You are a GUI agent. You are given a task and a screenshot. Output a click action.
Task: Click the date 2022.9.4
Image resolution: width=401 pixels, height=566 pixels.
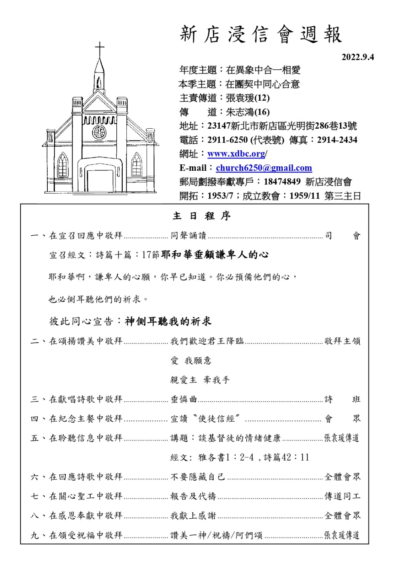click(358, 57)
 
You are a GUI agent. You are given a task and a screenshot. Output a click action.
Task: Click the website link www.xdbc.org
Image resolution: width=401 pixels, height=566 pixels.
click(236, 154)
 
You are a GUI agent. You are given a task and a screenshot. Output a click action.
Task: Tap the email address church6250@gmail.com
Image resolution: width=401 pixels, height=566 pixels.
click(264, 168)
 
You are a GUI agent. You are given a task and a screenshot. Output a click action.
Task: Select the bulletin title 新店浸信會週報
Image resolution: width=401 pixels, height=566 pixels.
click(261, 34)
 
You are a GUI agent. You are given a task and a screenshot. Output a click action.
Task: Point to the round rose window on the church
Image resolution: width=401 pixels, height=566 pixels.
click(99, 132)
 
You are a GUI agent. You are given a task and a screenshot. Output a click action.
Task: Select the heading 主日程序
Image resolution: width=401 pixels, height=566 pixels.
click(202, 216)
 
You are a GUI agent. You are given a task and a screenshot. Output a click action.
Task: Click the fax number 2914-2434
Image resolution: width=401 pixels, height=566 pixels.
click(337, 140)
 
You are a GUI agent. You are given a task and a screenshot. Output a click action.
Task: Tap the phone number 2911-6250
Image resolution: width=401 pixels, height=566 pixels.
click(227, 140)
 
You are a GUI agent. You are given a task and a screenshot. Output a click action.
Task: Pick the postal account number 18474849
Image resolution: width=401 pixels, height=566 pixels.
click(282, 182)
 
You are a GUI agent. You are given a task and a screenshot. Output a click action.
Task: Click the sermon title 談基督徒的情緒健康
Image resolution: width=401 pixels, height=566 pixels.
click(239, 438)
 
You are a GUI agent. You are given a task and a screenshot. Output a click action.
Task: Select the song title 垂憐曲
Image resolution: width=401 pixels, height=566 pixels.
click(184, 399)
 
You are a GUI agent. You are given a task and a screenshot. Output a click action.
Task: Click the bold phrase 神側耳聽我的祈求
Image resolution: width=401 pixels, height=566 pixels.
click(168, 321)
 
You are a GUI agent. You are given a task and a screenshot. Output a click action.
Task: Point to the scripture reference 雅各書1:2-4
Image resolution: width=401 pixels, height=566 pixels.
click(226, 457)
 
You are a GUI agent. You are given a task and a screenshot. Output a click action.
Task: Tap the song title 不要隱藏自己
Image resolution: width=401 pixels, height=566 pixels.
click(198, 477)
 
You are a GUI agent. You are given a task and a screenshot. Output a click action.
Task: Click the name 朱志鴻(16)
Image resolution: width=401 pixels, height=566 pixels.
click(248, 112)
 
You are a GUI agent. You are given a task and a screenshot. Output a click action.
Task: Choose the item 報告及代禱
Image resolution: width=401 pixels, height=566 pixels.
click(193, 496)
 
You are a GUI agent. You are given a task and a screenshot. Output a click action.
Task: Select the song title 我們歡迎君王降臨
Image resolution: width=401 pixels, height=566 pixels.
click(207, 341)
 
